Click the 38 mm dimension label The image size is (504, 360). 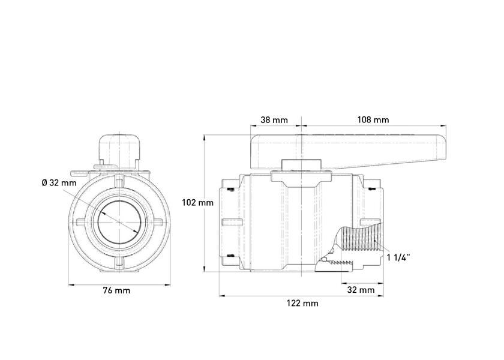pyautogui.click(x=274, y=120)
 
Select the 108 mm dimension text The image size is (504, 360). pyautogui.click(x=373, y=120)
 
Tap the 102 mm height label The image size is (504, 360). pyautogui.click(x=197, y=203)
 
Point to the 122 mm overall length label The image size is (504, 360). pyautogui.click(x=302, y=303)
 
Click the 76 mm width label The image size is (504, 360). pyautogui.click(x=116, y=290)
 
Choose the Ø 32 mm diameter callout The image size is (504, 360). pyautogui.click(x=59, y=183)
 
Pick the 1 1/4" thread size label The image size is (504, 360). pyautogui.click(x=398, y=257)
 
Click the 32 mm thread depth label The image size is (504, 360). pyautogui.click(x=361, y=290)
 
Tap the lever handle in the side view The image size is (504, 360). pyautogui.click(x=348, y=152)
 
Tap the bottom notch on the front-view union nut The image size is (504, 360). pyautogui.click(x=119, y=263)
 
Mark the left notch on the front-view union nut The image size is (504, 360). pyautogui.click(x=80, y=222)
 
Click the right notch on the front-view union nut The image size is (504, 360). pyautogui.click(x=159, y=222)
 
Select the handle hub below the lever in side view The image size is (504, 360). pyautogui.click(x=301, y=164)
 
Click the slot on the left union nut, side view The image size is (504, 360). pyautogui.click(x=232, y=223)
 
